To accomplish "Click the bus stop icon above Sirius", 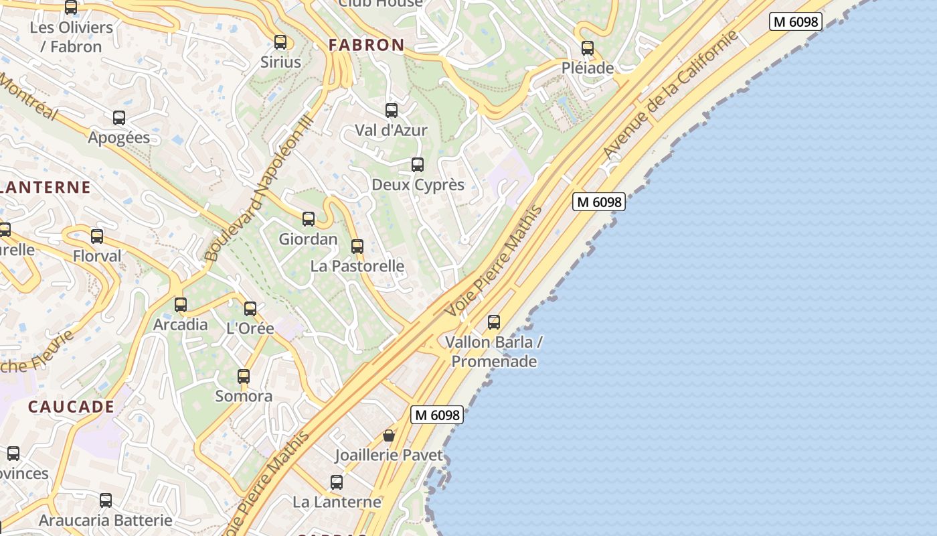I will (x=280, y=42).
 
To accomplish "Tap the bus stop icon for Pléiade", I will (x=588, y=48).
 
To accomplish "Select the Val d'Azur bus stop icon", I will (x=392, y=111).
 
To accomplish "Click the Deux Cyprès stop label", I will (x=418, y=184).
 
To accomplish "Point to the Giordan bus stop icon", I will (x=309, y=219).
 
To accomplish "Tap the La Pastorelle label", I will (x=357, y=266).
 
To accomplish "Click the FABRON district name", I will (x=366, y=45).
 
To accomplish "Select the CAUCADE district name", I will (x=71, y=407).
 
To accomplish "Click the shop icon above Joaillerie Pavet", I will (x=389, y=435).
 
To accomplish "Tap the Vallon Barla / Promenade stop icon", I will (x=494, y=322).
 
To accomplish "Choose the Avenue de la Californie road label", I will (x=671, y=95).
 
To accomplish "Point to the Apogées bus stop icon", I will (x=119, y=118).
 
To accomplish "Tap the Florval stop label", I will (x=97, y=256).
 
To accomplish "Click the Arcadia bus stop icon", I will (x=181, y=305).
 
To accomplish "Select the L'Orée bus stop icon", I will (x=250, y=309).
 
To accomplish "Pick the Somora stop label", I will (x=244, y=396).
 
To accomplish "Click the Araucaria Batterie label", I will (x=106, y=520).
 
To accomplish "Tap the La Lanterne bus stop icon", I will (x=337, y=482).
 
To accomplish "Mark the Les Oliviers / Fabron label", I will (x=71, y=37).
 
